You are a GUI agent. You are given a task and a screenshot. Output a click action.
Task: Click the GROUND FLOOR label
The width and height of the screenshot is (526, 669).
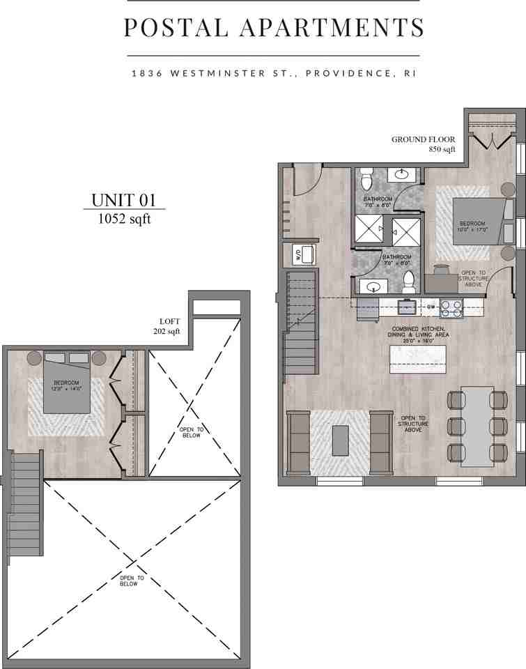[x=423, y=139]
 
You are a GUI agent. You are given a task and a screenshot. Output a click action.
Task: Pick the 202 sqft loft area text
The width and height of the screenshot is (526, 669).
[x=167, y=332]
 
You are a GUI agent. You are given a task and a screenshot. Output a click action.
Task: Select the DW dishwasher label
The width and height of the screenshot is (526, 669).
[x=431, y=306]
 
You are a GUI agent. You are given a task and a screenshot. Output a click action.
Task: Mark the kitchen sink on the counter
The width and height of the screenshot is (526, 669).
[x=405, y=306]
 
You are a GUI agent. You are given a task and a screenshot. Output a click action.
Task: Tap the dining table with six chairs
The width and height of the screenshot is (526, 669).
[x=477, y=425]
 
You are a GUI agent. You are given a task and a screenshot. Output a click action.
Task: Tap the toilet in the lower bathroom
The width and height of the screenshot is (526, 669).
[x=410, y=282]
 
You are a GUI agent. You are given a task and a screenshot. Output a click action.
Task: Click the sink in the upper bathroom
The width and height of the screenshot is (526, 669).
[x=403, y=174]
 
